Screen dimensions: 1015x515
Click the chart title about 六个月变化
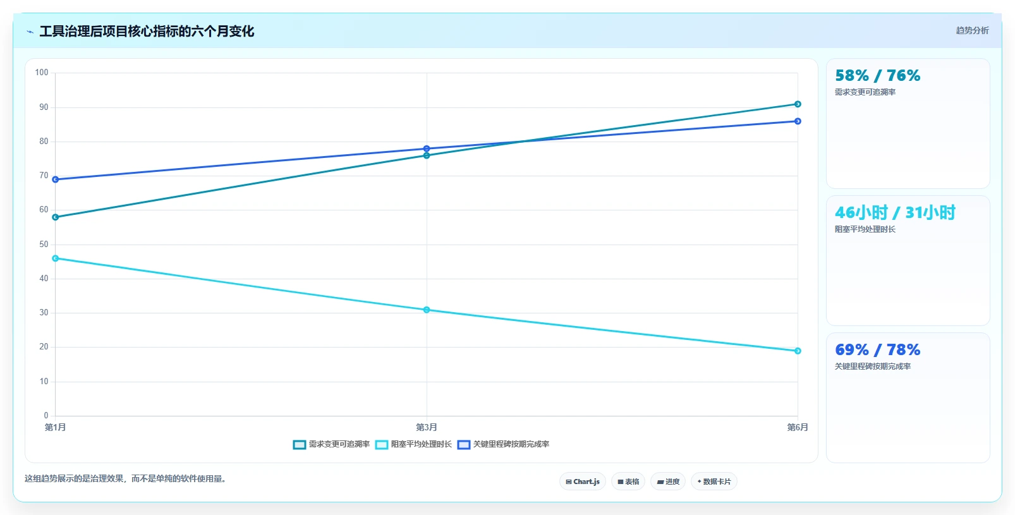coord(147,31)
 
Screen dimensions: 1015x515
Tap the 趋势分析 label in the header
coord(972,30)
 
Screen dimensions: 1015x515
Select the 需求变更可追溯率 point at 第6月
coord(798,104)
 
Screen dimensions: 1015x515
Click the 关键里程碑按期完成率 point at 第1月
coord(55,179)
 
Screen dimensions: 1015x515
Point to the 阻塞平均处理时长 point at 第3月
coord(427,310)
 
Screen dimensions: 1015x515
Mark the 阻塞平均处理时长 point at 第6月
coord(798,351)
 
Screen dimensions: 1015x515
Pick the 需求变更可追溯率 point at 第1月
coord(55,217)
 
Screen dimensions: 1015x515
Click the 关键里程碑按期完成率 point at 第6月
coord(798,121)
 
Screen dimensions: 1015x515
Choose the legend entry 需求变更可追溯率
coord(331,444)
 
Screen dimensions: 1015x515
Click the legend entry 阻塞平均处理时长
coord(414,444)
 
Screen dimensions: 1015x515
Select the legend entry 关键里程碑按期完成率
coord(504,444)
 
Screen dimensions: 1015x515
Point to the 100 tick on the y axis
coord(42,73)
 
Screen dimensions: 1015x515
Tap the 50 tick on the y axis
coord(44,244)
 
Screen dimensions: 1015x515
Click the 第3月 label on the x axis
coord(427,427)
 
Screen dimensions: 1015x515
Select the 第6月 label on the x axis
coord(798,427)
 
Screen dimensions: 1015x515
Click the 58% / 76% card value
coord(878,75)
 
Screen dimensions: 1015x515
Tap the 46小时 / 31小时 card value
coord(895,212)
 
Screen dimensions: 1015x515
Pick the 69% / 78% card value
coord(878,349)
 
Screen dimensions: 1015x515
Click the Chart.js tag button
coord(583,482)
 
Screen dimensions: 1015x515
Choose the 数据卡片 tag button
coord(714,482)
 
